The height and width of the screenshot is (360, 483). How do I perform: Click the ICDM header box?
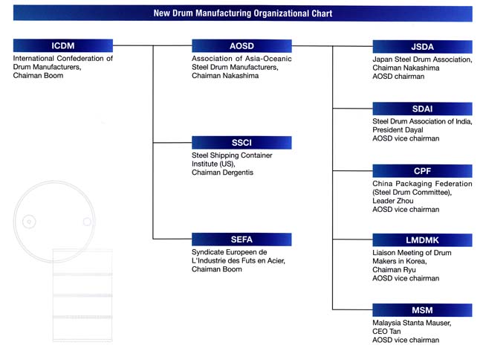63,45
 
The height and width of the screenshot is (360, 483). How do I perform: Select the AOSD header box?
241,46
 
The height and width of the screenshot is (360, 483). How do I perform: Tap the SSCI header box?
241,143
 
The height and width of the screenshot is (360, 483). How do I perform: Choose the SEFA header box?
241,240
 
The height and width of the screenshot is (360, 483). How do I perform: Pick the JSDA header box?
422,47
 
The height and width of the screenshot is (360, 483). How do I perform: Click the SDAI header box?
422,109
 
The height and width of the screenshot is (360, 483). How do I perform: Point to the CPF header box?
422,171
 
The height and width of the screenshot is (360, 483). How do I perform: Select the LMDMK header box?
422,240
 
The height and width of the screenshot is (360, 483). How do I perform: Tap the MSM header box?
422,310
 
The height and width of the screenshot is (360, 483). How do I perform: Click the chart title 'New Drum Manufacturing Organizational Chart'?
243,13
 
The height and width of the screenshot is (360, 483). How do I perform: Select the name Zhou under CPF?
405,201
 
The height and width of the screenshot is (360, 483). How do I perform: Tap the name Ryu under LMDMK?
409,270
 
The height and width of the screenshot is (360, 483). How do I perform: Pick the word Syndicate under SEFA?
208,252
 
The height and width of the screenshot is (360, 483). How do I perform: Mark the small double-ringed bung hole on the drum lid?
29,222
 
